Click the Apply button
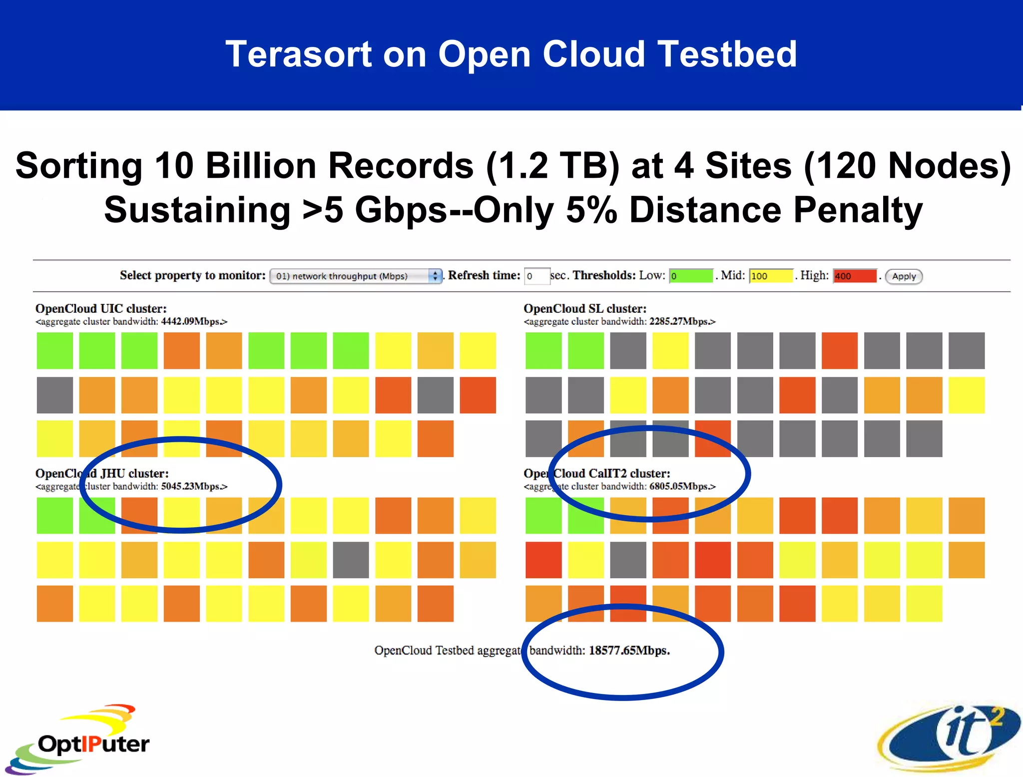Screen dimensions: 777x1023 904,276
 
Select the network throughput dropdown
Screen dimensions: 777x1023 356,276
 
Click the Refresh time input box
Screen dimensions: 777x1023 536,276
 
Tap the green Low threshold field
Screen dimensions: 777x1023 691,276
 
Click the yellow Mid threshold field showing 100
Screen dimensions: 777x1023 771,276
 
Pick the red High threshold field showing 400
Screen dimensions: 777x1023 855,276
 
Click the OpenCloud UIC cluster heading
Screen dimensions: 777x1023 101,309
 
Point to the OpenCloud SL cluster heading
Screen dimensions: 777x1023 585,309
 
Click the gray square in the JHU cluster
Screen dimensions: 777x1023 351,560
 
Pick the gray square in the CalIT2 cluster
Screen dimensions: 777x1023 628,560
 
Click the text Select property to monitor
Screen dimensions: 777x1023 192,275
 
